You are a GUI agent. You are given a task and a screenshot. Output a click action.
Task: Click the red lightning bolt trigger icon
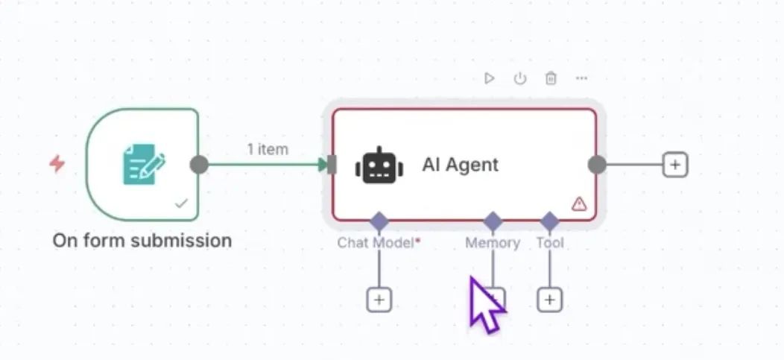[x=57, y=163]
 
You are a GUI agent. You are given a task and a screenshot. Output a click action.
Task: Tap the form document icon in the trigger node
[x=143, y=164]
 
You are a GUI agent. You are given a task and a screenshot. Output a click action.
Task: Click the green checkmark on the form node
[x=181, y=203]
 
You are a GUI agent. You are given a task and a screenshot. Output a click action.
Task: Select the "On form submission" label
[x=142, y=241]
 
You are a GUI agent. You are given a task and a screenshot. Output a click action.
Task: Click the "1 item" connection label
[x=268, y=149]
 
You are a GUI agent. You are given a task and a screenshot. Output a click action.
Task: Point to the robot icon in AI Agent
[x=379, y=165]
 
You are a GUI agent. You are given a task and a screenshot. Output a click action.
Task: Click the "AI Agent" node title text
[x=460, y=165]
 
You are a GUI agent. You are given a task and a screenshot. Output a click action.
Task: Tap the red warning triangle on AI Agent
[x=579, y=203]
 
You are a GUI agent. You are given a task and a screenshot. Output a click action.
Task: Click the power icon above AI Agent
[x=519, y=78]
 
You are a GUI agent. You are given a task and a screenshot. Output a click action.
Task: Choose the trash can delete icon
[x=551, y=78]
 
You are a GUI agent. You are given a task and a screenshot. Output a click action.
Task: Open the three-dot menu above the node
[x=582, y=78]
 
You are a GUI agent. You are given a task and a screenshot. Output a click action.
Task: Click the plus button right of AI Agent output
[x=674, y=165]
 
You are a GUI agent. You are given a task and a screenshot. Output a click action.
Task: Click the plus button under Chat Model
[x=379, y=300]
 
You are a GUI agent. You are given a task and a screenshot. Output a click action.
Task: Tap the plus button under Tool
[x=549, y=300]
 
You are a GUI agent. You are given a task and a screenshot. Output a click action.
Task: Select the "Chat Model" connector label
[x=376, y=243]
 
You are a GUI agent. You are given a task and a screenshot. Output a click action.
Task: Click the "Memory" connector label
[x=492, y=243]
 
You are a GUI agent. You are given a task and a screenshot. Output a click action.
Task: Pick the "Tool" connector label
[x=550, y=243]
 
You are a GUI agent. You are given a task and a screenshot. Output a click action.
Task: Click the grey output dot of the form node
[x=199, y=165]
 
